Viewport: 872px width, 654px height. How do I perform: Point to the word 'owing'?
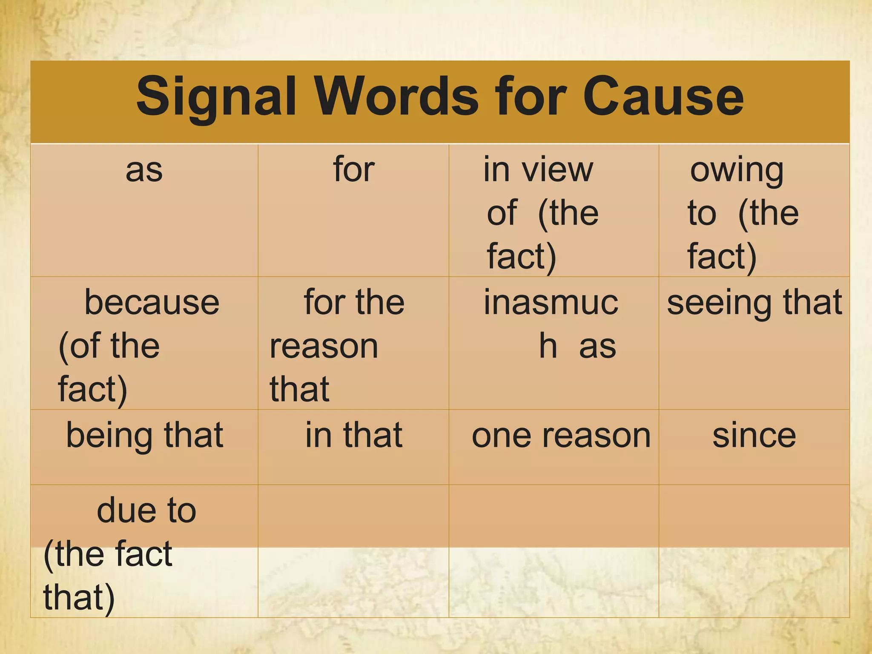(x=737, y=170)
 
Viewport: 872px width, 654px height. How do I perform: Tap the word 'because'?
(x=152, y=302)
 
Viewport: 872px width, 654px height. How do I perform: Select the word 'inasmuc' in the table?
(x=551, y=302)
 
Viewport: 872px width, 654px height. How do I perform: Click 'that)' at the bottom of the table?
(x=79, y=597)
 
